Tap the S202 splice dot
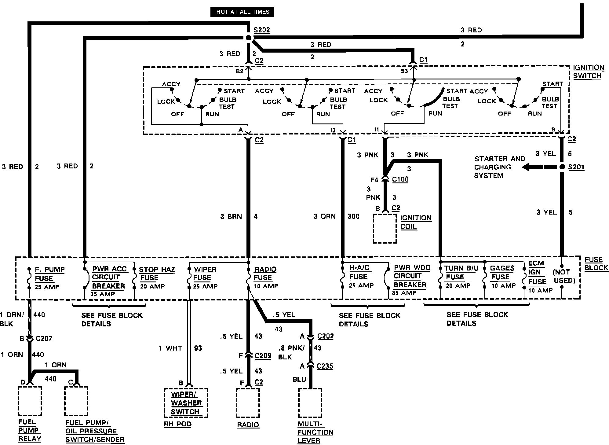249,38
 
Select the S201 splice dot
562,167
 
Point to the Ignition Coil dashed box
385,228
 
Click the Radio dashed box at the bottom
248,403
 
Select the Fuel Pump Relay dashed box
30,401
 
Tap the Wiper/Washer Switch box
186,403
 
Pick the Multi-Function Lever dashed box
310,403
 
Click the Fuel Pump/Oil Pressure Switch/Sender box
76,401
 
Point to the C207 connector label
44,339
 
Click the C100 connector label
400,179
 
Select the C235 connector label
325,366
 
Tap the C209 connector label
263,356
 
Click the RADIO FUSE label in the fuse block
265,273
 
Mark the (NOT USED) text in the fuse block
564,276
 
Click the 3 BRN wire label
231,217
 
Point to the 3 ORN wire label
324,216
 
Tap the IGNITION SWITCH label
588,72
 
